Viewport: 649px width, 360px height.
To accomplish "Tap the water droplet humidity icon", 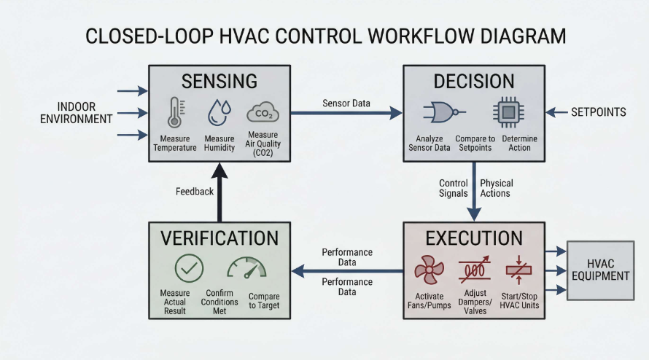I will click(219, 113).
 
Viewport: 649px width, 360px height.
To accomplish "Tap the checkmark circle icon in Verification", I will click(189, 269).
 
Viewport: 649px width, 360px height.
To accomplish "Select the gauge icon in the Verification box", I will click(246, 269).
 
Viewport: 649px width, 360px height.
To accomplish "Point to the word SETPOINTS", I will click(598, 112).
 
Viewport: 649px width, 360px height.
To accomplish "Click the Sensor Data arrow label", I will click(346, 103).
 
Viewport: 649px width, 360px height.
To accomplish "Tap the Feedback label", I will click(195, 192).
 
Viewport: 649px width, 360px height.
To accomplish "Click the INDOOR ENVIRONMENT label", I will click(77, 112).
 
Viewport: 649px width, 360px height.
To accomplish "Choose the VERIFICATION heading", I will click(219, 238).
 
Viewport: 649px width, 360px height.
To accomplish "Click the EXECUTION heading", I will click(473, 238).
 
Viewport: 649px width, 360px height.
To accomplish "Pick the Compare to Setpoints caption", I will click(475, 143).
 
